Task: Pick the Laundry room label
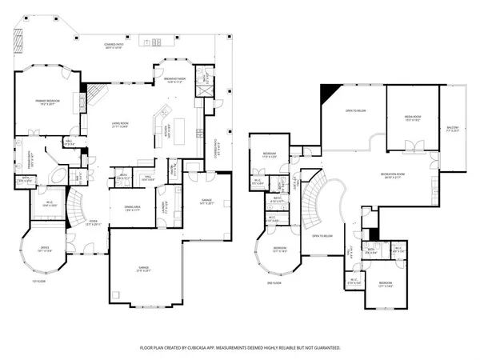click(164, 206)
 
